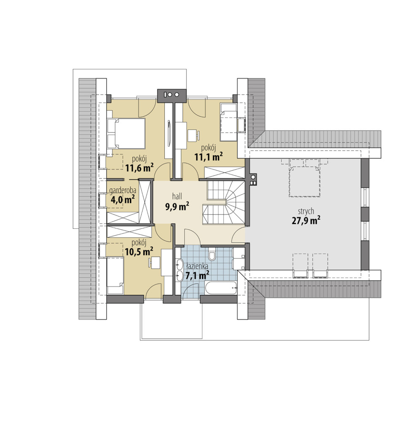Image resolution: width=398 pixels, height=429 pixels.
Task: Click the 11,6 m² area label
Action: [139, 168]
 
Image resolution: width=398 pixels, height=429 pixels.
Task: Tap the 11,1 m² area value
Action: [209, 156]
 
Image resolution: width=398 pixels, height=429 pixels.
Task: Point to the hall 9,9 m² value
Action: [177, 206]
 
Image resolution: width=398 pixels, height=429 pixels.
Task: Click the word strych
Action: [306, 212]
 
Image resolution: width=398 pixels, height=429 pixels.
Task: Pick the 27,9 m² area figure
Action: [306, 220]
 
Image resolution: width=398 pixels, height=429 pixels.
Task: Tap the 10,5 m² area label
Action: [139, 251]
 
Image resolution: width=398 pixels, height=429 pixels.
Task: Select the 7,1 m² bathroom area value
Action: [197, 275]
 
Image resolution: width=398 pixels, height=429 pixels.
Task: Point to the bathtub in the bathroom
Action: [221, 288]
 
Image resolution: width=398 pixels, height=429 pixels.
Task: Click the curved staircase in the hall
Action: [226, 202]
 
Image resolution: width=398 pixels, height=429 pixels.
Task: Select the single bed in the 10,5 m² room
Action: [115, 276]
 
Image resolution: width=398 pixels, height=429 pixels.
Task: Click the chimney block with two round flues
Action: [172, 96]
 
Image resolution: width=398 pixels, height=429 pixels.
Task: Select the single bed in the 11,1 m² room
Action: [229, 122]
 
